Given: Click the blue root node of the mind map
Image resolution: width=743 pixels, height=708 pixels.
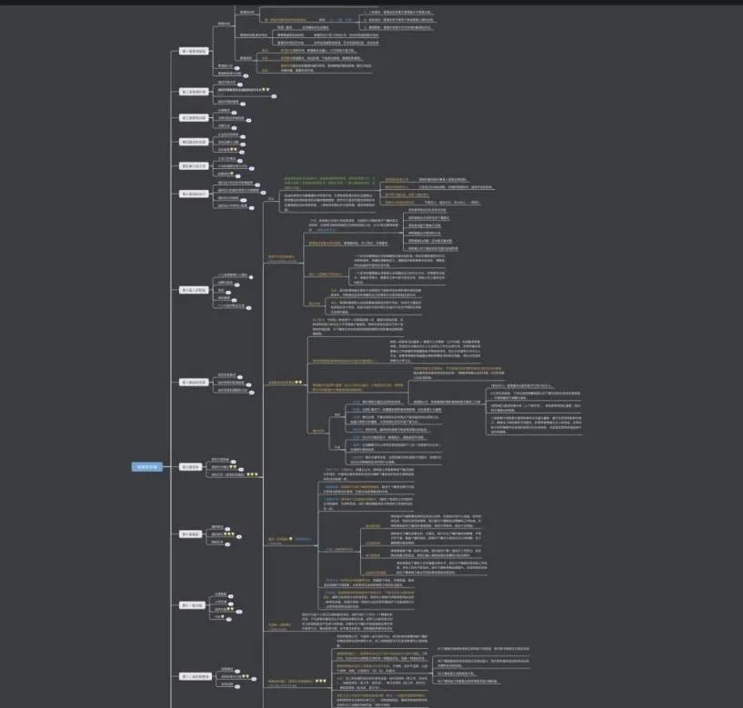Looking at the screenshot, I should [x=146, y=467].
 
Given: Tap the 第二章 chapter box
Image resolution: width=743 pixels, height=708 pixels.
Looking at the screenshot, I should [x=194, y=92].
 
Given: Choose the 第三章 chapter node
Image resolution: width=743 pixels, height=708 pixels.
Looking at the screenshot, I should [x=194, y=117].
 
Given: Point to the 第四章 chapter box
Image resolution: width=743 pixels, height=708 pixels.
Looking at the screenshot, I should [x=194, y=142].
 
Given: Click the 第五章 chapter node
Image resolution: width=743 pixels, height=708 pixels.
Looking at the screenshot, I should [x=194, y=165].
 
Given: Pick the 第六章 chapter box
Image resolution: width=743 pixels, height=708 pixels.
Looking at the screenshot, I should [x=194, y=194].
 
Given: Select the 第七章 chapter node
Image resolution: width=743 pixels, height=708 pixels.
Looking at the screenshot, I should [x=194, y=291].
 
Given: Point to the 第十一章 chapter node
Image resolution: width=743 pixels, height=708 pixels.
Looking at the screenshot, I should [x=193, y=604].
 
